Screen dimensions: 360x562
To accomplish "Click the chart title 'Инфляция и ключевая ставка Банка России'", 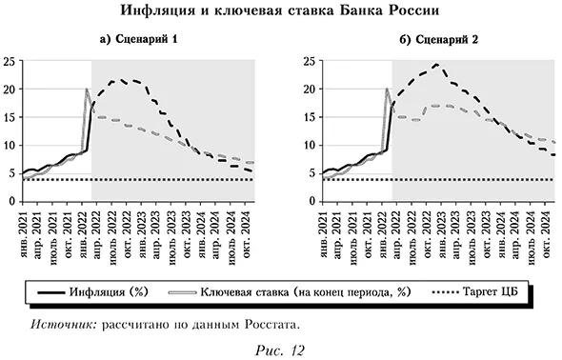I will coord(281,12).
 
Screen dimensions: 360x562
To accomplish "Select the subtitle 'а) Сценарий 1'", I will coord(140,40).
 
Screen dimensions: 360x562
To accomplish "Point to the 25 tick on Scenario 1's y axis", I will coord(9,61).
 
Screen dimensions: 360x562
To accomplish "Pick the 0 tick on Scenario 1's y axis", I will coord(11,201).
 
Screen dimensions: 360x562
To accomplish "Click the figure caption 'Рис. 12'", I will coord(281,350).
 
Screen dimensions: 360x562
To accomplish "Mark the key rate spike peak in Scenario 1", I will coord(87,90).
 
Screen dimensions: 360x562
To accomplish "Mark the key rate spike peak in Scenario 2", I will coord(387,90).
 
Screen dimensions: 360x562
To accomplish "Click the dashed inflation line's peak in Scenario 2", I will coord(435,65).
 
